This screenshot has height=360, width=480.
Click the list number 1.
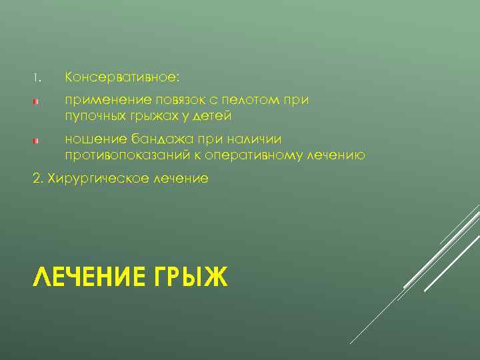pos(37,78)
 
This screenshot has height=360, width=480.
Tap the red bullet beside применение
pos(38,102)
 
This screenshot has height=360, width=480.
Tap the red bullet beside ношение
pos(38,141)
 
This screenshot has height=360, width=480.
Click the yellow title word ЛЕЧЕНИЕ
pos(83,275)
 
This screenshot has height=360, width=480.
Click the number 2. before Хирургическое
pos(37,179)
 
